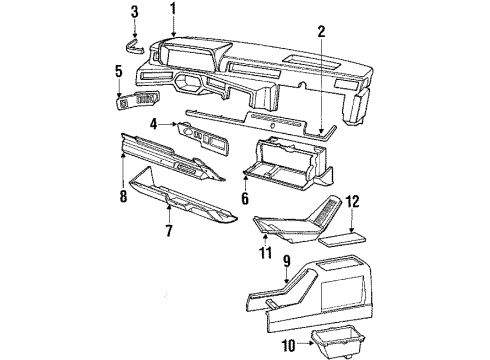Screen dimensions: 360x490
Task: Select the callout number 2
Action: tap(322, 30)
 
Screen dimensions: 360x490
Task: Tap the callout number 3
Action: tap(135, 12)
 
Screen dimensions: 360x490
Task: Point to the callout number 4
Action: tap(155, 124)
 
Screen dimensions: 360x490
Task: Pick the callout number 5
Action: tap(119, 71)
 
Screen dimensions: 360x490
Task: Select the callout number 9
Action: tap(286, 263)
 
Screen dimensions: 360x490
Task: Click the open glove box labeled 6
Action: tap(290, 167)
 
